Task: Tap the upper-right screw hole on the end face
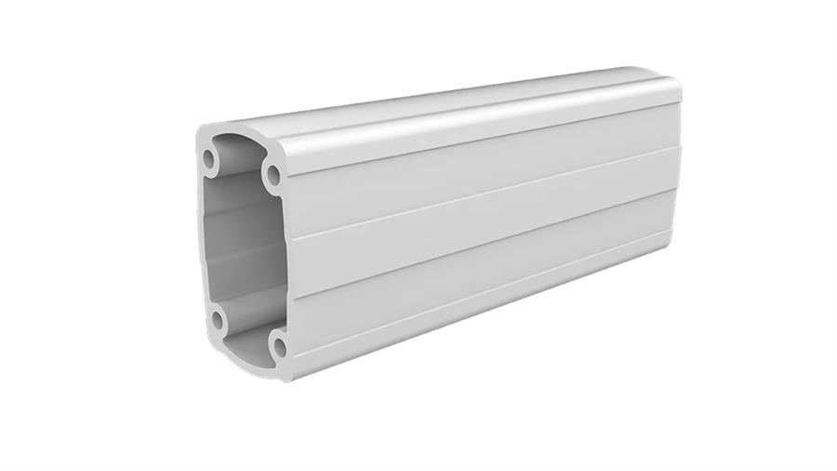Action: pos(272,173)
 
